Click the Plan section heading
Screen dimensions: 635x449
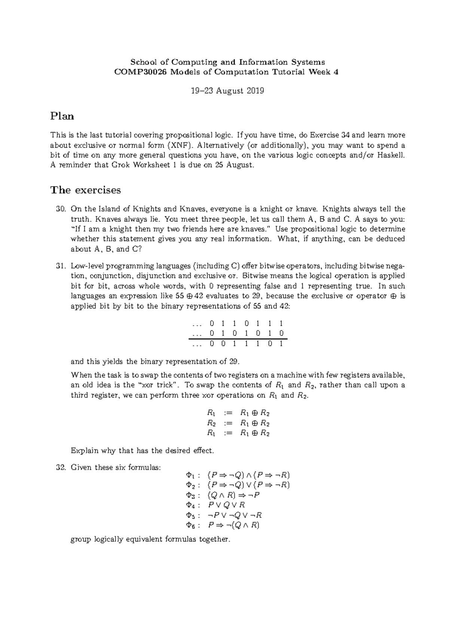tap(62, 116)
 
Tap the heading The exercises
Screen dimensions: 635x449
tap(86, 190)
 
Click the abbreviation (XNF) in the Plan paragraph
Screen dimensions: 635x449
tap(180, 145)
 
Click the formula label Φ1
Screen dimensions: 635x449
tap(190, 475)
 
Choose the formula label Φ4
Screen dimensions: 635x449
tap(190, 505)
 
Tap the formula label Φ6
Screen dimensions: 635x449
tap(190, 525)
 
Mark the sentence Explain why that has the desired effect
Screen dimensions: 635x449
tap(142, 450)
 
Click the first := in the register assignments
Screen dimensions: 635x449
tap(228, 413)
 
